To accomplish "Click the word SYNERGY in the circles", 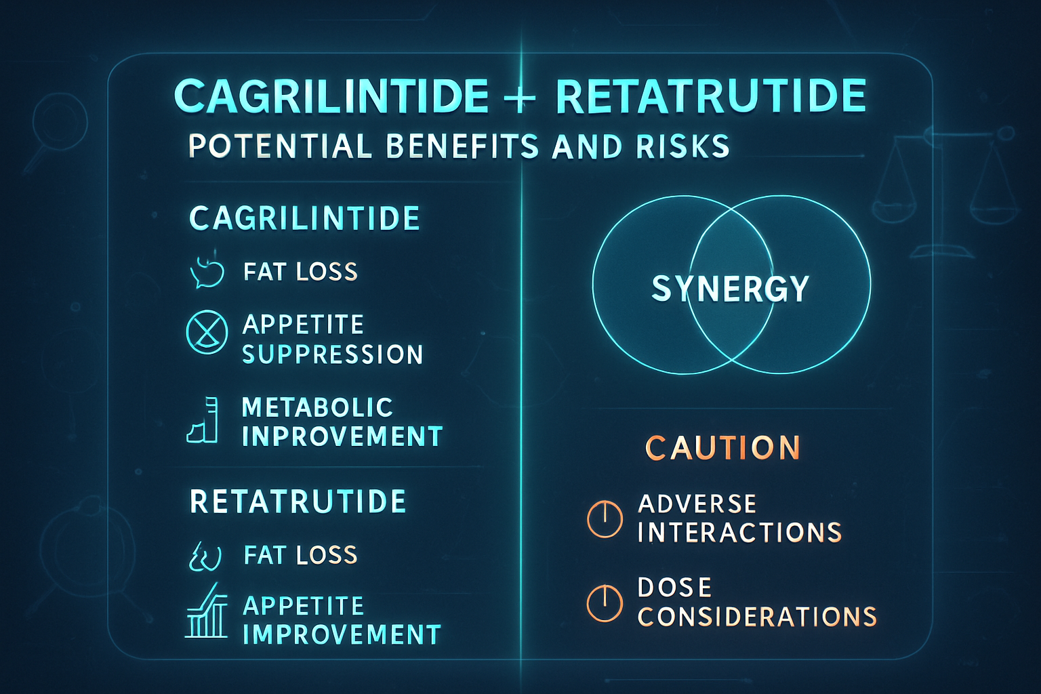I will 730,289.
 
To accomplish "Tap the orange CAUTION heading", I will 722,448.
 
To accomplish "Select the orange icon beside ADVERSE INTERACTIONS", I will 604,519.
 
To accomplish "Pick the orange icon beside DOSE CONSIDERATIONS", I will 604,603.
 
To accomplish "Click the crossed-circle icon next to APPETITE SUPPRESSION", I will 207,331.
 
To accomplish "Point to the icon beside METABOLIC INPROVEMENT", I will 203,421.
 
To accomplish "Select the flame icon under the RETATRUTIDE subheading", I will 205,556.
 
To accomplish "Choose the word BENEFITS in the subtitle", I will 462,146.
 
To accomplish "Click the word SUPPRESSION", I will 333,354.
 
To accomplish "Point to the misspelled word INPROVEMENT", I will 342,436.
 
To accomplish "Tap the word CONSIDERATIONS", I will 757,617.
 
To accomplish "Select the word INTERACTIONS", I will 739,532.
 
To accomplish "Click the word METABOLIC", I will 317,407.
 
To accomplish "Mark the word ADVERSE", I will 697,504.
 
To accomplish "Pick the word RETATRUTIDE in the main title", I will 711,96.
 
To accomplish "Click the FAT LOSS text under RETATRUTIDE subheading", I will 300,555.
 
